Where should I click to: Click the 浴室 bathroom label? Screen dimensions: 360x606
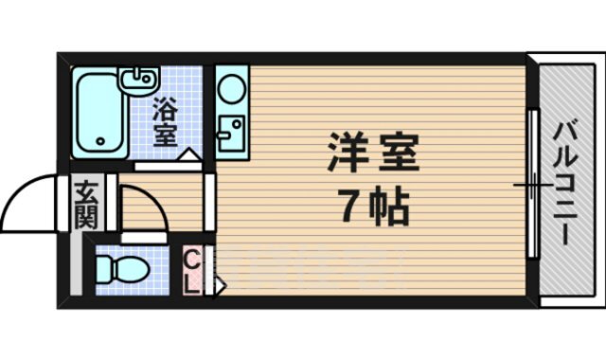coord(165,121)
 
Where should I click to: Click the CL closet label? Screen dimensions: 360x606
coord(190,271)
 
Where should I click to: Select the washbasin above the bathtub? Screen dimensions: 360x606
coord(137,77)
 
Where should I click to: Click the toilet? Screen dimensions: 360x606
coord(124,271)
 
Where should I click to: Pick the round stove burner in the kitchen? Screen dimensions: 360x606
coord(231,91)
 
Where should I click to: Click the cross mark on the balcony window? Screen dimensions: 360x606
coord(532,184)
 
